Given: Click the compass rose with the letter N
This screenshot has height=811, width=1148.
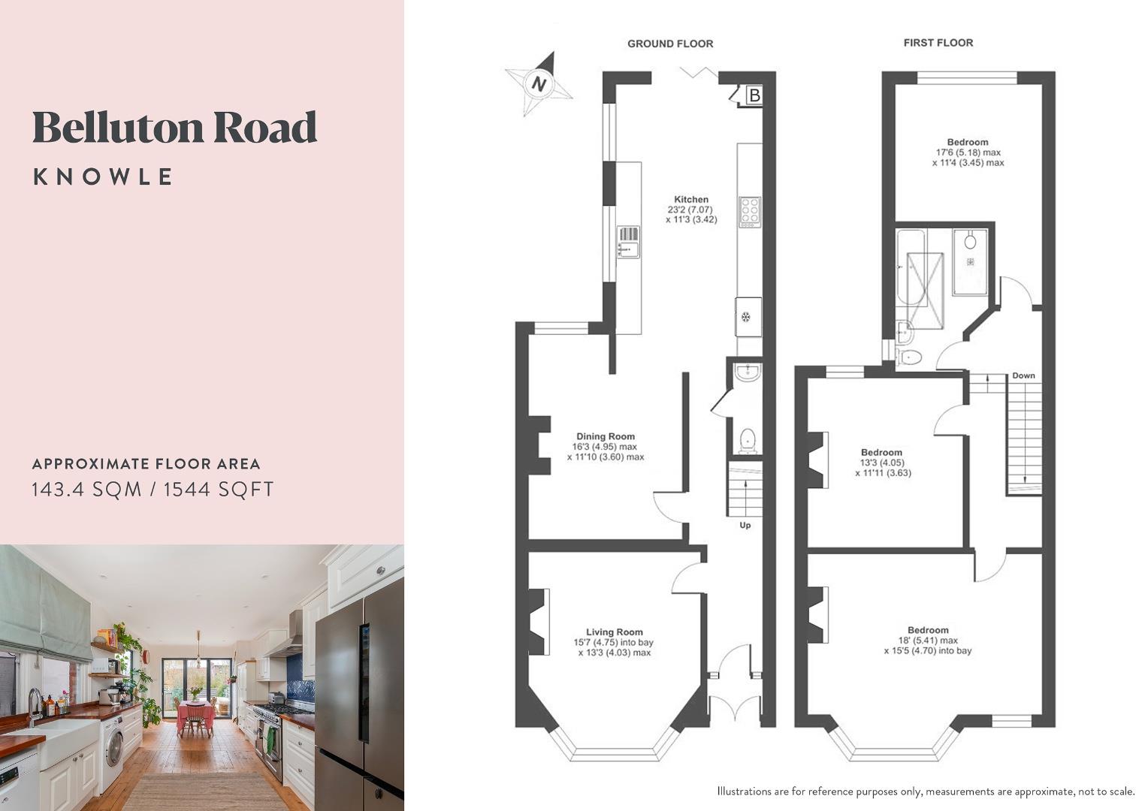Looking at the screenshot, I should [538, 83].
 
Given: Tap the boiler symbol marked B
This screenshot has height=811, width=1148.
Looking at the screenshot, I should [754, 96].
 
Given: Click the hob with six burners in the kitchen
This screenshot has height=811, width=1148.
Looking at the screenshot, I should [750, 212].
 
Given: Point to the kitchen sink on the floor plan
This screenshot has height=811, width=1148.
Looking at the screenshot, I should [628, 242].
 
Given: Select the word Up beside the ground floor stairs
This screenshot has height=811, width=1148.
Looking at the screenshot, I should [745, 526].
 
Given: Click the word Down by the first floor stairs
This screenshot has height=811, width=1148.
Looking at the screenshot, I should [1023, 375].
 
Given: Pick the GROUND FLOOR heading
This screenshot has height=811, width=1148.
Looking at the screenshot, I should [670, 44].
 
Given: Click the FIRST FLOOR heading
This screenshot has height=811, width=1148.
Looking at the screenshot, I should [938, 43].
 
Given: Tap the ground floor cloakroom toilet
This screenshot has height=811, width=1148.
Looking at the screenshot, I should [748, 440].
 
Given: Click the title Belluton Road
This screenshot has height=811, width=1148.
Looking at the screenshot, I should [174, 127].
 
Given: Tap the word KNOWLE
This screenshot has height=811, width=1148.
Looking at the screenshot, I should [104, 177].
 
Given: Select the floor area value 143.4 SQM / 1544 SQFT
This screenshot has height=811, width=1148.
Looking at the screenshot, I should [153, 490].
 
